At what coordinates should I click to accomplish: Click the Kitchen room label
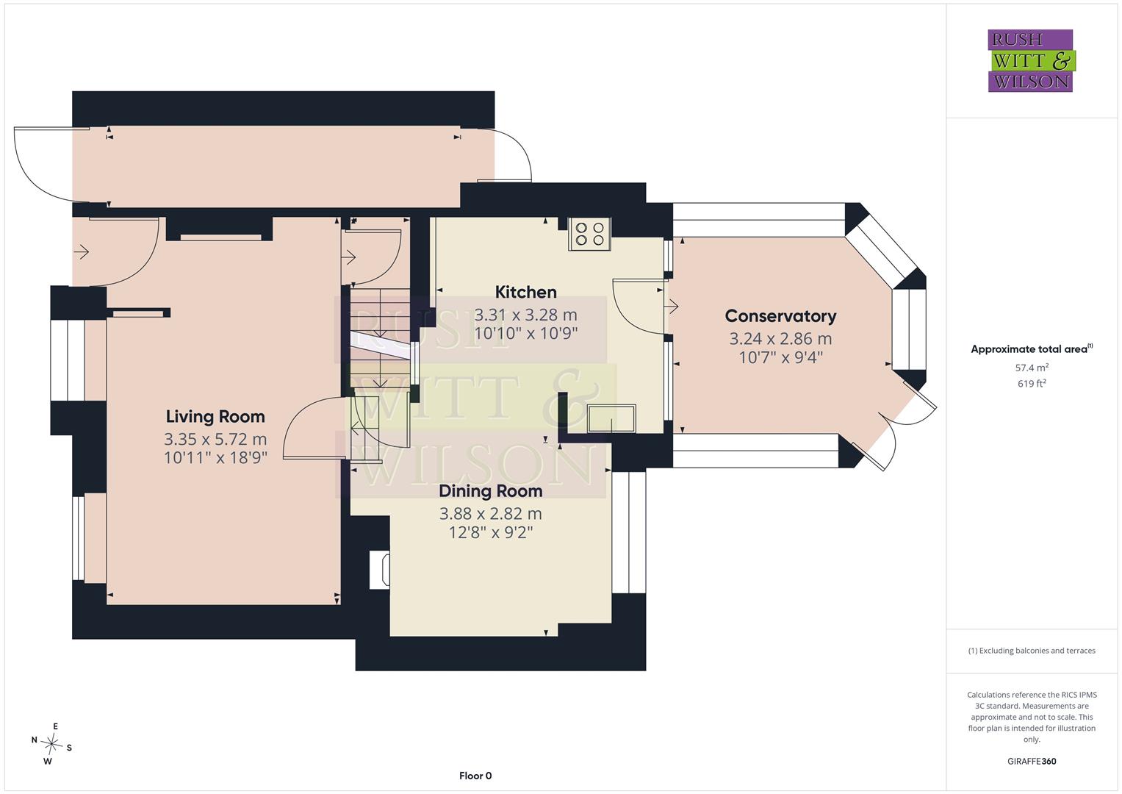pos(525,292)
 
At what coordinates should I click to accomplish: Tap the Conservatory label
pos(780,316)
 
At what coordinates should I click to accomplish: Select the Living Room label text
pos(215,416)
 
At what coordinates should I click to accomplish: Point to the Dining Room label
pos(490,491)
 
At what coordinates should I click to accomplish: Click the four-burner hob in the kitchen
pos(589,234)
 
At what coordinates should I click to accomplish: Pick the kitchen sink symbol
pos(611,418)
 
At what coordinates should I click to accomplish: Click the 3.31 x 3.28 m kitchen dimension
pos(525,315)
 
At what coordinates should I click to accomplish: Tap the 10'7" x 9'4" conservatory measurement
pos(780,357)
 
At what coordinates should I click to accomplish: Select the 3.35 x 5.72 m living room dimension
pos(215,439)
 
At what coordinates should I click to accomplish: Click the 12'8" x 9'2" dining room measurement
pos(490,532)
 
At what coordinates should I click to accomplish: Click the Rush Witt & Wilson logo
pos(1032,60)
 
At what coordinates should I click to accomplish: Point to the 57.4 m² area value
pos(1032,368)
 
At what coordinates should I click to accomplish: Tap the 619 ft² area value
pos(1032,384)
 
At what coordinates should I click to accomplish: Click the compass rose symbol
pos(51,743)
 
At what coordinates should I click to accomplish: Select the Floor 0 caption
pos(475,776)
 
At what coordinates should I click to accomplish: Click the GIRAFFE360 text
pos(1032,761)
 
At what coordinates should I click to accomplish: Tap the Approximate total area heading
pos(1032,349)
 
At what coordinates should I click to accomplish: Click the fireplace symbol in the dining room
pos(379,570)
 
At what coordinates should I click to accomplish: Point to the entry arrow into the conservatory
pos(673,306)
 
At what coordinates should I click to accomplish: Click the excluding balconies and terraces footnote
pos(1032,651)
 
